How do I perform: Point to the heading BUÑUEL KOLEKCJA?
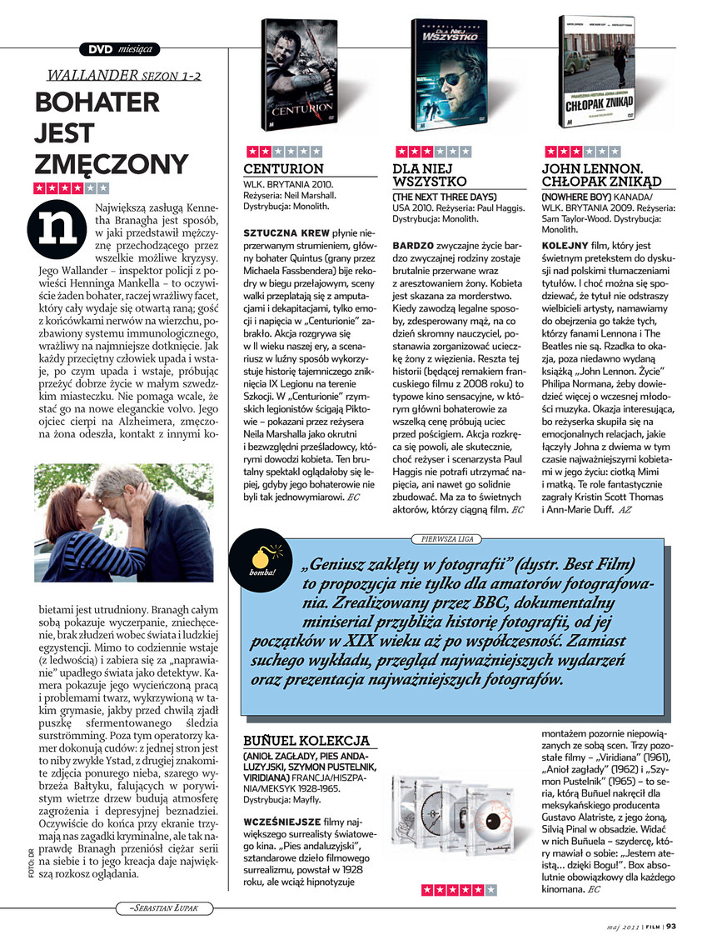pyautogui.click(x=306, y=740)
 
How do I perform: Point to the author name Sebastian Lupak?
pyautogui.click(x=162, y=906)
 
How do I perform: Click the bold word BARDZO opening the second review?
pyautogui.click(x=412, y=247)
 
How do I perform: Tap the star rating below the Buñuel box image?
pyautogui.click(x=459, y=891)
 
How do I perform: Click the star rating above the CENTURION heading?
pyautogui.click(x=282, y=152)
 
